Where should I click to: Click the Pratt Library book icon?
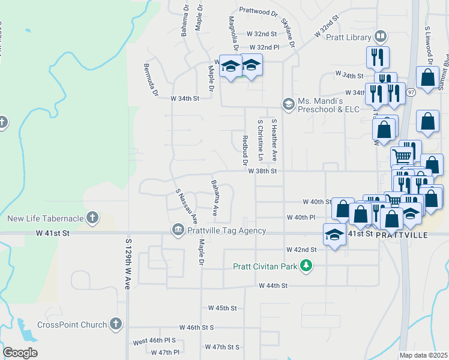pos(380,37)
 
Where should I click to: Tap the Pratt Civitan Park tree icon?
pos(306,265)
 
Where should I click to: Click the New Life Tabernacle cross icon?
pos(92,217)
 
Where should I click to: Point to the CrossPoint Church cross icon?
pos(116,325)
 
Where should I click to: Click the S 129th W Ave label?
pos(128,264)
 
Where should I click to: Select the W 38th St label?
pos(263,171)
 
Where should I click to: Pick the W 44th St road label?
pos(274,286)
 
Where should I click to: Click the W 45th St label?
pos(223,308)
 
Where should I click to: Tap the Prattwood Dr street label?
pos(259,10)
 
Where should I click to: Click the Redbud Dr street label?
pos(245,150)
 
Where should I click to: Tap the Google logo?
pos(20,353)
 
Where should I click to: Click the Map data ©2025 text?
pos(423,355)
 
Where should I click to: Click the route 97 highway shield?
pos(411,92)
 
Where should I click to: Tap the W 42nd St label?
pos(301,249)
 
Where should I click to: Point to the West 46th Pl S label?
pos(154,341)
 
